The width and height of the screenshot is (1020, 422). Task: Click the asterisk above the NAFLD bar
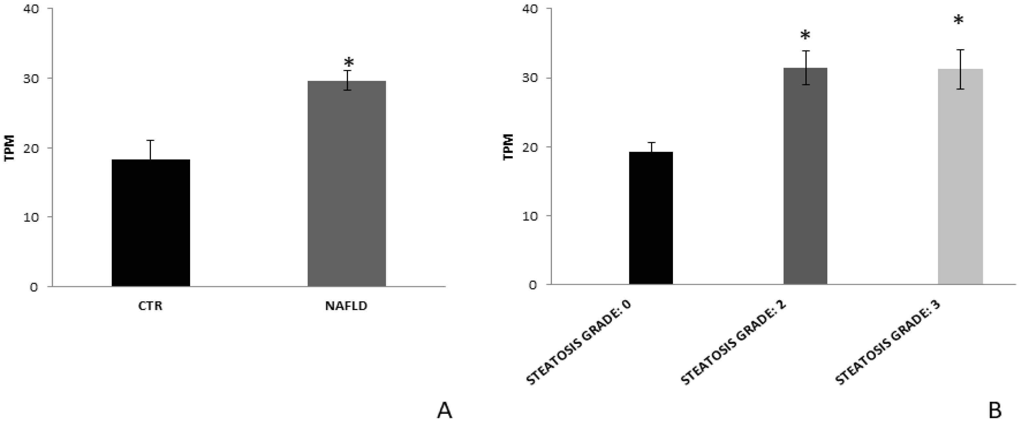pos(349,62)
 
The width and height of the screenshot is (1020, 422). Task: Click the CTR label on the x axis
pos(150,306)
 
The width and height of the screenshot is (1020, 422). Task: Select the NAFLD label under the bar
pos(346,306)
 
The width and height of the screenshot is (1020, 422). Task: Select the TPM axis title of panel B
pos(509,147)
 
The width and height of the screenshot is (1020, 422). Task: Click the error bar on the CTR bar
pos(151,150)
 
